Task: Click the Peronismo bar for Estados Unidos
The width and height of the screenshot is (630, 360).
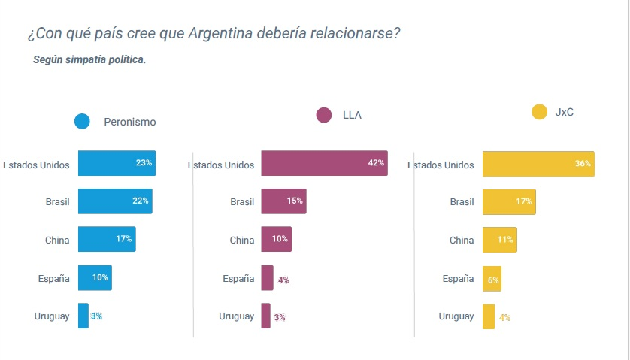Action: pyautogui.click(x=117, y=163)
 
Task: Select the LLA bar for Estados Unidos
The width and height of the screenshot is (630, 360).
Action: pyautogui.click(x=324, y=163)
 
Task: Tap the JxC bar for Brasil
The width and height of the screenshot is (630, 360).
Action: pyautogui.click(x=509, y=201)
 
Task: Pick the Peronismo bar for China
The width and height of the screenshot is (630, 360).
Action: pyautogui.click(x=107, y=239)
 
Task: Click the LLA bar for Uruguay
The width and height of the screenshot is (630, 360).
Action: pyautogui.click(x=265, y=316)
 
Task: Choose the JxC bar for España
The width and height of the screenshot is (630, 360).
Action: pyautogui.click(x=492, y=279)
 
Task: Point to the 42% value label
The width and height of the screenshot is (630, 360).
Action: pyautogui.click(x=376, y=163)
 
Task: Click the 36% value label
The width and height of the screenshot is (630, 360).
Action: pyautogui.click(x=583, y=163)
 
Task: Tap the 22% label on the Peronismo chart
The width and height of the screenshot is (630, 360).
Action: pyautogui.click(x=141, y=201)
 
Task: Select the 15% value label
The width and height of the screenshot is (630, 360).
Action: pyautogui.click(x=294, y=201)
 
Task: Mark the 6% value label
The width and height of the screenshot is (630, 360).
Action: pyautogui.click(x=494, y=280)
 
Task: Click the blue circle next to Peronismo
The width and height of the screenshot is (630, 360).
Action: pyautogui.click(x=82, y=121)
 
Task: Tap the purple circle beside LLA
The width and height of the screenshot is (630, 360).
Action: pyautogui.click(x=324, y=115)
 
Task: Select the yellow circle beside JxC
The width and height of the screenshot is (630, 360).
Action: pyautogui.click(x=538, y=112)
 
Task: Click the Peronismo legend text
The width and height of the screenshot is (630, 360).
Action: pyautogui.click(x=129, y=122)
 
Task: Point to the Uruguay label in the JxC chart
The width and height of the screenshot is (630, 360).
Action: pyautogui.click(x=456, y=316)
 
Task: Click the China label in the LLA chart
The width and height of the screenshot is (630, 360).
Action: pyautogui.click(x=242, y=241)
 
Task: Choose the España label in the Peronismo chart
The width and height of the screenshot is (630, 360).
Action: pyautogui.click(x=53, y=278)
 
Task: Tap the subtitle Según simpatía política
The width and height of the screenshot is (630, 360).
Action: pyautogui.click(x=89, y=59)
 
